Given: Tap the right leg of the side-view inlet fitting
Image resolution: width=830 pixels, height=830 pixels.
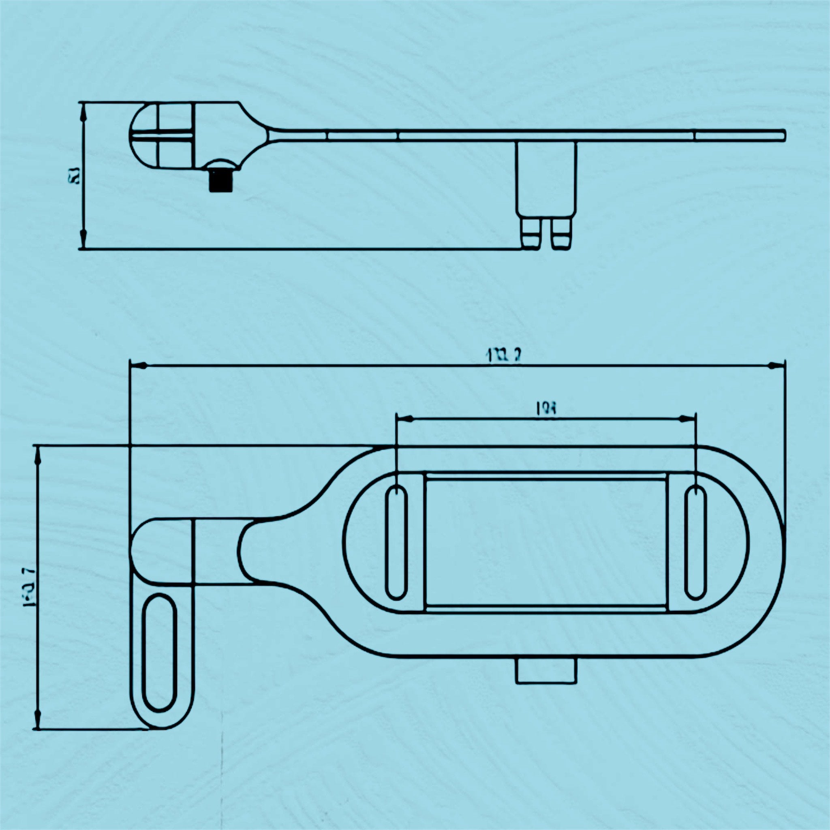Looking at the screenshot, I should coord(561,234).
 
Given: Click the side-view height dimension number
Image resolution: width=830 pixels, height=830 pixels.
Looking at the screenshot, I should coord(73,175).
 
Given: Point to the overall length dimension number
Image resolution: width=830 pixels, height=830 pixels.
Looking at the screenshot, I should coord(503,355).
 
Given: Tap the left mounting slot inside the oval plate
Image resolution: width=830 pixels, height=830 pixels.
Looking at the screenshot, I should coord(396,543).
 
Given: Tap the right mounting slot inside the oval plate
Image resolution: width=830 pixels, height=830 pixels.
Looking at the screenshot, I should coord(695,543).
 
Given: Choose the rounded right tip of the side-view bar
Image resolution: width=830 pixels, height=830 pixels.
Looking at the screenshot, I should coord(783,135).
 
